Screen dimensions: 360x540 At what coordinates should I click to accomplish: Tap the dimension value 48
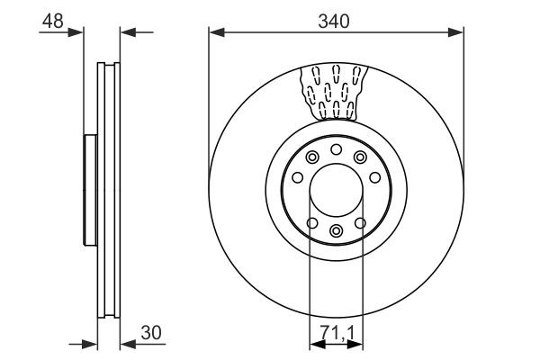click(53, 21)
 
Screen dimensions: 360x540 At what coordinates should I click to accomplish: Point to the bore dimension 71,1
click(336, 334)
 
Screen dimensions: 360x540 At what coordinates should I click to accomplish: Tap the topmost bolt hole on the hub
click(336, 149)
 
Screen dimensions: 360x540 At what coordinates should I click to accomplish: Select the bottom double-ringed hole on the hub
click(336, 231)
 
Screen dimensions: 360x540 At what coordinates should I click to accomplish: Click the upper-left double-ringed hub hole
click(312, 157)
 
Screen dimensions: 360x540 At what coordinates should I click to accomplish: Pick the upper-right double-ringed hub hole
click(360, 157)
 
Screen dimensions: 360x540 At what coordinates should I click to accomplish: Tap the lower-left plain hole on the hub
click(311, 222)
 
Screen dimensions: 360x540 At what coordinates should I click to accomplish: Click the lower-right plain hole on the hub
click(360, 222)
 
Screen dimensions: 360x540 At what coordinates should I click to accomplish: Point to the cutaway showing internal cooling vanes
click(334, 92)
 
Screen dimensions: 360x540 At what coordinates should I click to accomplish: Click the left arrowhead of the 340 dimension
click(215, 33)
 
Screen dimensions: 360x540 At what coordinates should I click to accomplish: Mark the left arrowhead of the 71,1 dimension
click(315, 343)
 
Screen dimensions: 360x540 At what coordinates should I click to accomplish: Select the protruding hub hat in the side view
click(88, 190)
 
